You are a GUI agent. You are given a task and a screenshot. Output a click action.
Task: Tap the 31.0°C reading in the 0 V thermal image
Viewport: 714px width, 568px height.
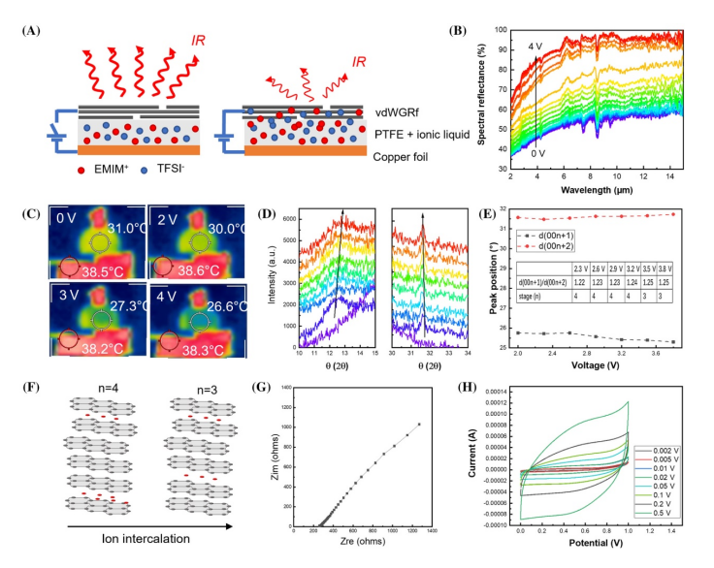[126, 228]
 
